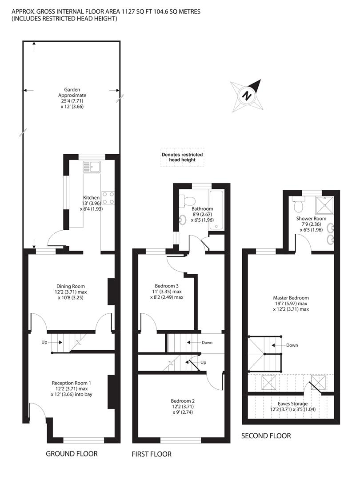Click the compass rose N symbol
247,96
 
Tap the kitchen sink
92,167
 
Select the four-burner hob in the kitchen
108,198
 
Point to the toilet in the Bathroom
188,200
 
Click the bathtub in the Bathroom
216,209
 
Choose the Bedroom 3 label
167,292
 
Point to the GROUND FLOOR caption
72,454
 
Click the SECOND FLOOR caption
266,436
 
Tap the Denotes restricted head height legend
182,157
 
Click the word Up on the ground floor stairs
44,342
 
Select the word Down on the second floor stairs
292,345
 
